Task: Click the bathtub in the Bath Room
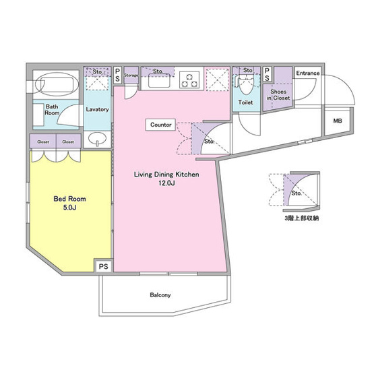(57, 84)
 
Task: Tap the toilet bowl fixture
(245, 86)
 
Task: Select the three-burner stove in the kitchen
(189, 80)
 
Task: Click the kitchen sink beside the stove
(159, 80)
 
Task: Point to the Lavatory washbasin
(97, 139)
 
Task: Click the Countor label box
(161, 125)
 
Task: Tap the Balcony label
(160, 295)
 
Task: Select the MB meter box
(338, 121)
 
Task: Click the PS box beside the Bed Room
(103, 266)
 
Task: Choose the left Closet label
(43, 142)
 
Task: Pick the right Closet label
(68, 142)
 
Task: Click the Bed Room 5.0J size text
(69, 208)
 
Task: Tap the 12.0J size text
(166, 183)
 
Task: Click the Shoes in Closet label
(278, 95)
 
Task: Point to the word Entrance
(308, 73)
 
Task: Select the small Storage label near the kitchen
(131, 75)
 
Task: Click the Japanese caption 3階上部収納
(301, 218)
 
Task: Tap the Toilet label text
(246, 102)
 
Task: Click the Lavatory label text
(97, 109)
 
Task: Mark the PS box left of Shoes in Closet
(267, 74)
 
